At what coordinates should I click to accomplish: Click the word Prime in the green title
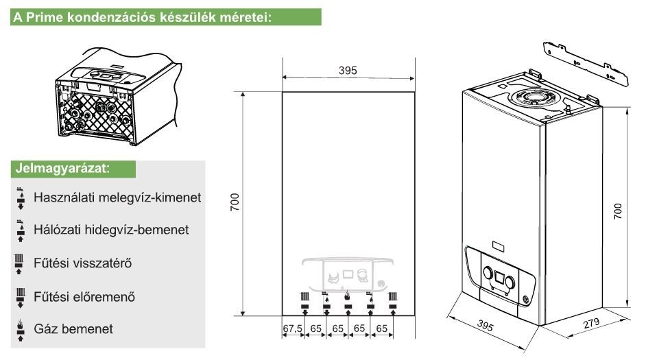(45, 17)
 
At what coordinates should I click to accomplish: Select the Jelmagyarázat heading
(62, 168)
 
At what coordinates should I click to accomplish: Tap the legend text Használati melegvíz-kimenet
(117, 197)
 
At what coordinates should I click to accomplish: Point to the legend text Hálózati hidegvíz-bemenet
(111, 230)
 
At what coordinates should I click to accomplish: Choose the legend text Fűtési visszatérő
(83, 263)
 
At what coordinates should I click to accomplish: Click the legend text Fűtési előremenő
(84, 296)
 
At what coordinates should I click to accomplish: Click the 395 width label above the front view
(348, 71)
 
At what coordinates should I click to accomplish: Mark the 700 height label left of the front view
(235, 202)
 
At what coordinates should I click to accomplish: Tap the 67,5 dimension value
(293, 328)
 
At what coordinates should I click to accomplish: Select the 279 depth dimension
(591, 323)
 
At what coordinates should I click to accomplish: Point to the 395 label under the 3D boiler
(485, 326)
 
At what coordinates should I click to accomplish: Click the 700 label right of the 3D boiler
(618, 211)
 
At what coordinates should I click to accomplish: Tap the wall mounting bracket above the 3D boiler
(586, 64)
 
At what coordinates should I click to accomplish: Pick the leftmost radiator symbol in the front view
(304, 296)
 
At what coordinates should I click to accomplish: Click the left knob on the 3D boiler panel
(488, 273)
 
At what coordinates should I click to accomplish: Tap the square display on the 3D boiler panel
(499, 278)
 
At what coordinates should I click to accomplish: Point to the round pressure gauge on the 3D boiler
(526, 300)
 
